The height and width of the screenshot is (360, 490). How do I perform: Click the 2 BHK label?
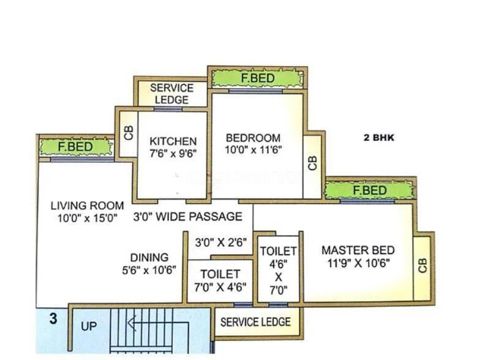point(380,138)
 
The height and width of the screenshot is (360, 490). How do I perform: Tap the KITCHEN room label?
point(173,141)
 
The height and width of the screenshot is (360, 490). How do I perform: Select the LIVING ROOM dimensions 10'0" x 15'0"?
point(86,217)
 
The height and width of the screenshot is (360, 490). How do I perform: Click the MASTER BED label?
point(358,250)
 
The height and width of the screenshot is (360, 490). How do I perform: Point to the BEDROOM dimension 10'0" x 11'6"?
point(253,150)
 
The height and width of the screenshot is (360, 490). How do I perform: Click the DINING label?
point(149,257)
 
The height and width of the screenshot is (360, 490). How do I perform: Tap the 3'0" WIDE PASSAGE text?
point(187,217)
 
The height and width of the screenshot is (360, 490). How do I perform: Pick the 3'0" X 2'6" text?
point(221,242)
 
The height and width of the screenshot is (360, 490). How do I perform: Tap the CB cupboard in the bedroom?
point(312,163)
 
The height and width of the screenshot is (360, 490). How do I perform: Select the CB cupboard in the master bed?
point(422,264)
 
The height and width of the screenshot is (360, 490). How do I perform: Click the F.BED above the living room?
point(76,147)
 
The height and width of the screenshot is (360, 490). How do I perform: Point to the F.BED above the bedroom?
point(257,78)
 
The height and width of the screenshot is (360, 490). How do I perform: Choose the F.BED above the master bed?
point(370,190)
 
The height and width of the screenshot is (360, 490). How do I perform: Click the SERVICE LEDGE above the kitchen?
point(171,94)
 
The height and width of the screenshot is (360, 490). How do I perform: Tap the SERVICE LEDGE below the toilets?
point(255,322)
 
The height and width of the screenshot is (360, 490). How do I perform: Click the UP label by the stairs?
point(89,326)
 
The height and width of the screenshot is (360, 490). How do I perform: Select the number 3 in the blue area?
point(53,318)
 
